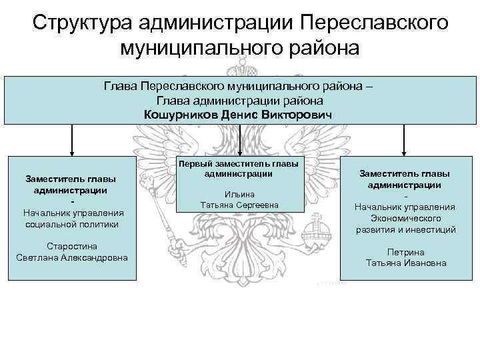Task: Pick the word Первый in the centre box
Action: click(195, 164)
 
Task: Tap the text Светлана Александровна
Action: click(72, 258)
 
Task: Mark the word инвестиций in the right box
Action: click(432, 229)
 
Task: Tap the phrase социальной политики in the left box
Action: click(72, 224)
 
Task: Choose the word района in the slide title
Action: click(321, 48)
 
